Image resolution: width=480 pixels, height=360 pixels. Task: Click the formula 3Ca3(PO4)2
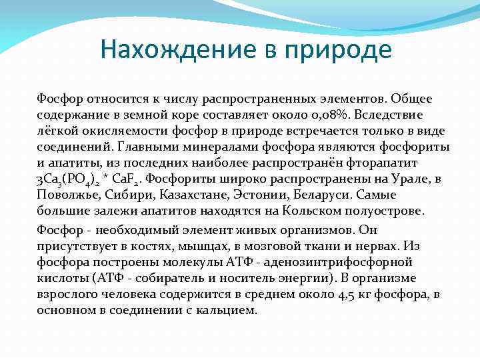tap(66, 179)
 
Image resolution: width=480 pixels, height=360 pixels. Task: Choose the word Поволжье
tap(63, 195)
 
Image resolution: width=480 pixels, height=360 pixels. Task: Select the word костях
tap(149, 245)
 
